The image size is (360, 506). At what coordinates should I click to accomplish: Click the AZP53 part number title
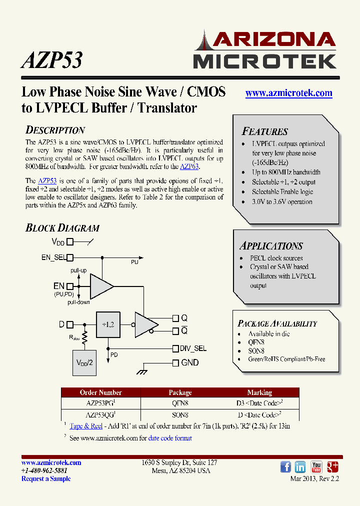coord(51,60)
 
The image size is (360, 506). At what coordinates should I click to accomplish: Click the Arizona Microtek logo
coord(264,49)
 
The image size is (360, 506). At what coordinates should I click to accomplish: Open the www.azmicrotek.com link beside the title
coord(289,93)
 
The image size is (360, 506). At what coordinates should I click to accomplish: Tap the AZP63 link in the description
coord(189,166)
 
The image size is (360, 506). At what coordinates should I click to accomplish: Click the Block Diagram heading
coord(62,228)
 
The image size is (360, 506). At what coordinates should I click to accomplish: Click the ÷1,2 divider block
coord(108,324)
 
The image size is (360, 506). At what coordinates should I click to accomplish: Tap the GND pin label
coord(189,362)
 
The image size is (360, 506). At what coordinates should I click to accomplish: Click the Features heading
coord(264,131)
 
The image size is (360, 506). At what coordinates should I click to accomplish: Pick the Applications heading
coord(271,245)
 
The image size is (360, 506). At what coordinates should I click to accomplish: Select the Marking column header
coord(259,392)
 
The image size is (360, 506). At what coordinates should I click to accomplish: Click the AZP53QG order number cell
coord(99,415)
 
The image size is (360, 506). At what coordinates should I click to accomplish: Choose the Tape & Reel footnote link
coord(86,426)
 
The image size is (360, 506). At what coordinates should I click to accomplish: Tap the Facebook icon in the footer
coord(286,467)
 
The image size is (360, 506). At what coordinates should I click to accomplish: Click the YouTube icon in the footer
coord(316,467)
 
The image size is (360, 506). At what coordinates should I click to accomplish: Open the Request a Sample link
coord(46,478)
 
